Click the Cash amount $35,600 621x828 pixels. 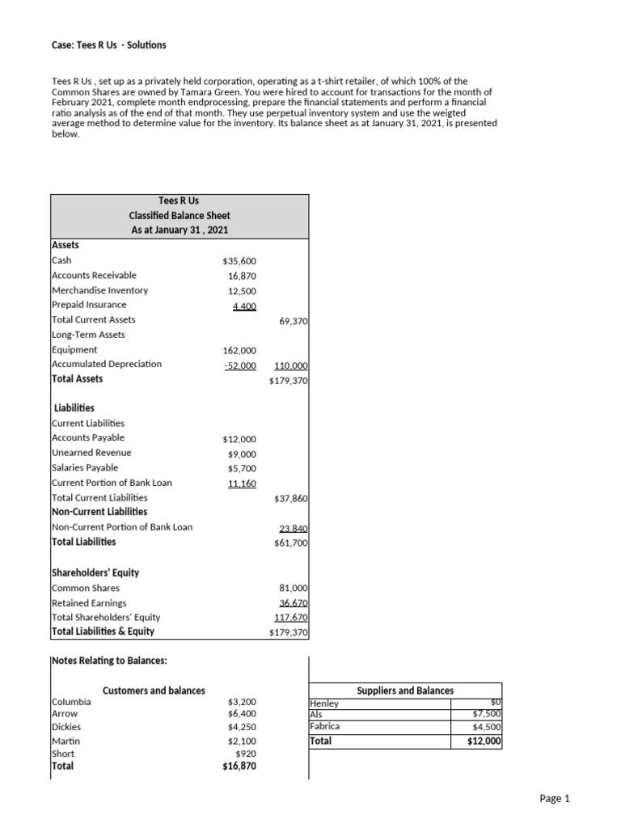[239, 261]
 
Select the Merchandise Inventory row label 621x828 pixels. [99, 290]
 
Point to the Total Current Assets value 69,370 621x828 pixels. [293, 320]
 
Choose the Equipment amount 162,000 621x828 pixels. [239, 350]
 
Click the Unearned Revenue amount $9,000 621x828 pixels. [242, 454]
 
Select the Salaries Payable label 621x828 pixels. [85, 467]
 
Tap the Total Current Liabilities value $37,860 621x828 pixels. [291, 498]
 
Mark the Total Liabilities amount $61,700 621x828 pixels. [291, 543]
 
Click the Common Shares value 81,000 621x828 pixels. [293, 588]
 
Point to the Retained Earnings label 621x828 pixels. [89, 602]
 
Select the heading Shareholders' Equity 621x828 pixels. [95, 572]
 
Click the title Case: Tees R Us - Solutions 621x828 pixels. [108, 45]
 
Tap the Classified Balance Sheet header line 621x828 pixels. [180, 216]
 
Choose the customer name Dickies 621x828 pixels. [66, 727]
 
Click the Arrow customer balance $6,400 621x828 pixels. [242, 714]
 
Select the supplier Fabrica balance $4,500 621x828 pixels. [487, 727]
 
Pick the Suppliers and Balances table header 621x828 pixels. [405, 691]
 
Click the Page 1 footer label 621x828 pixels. [555, 799]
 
